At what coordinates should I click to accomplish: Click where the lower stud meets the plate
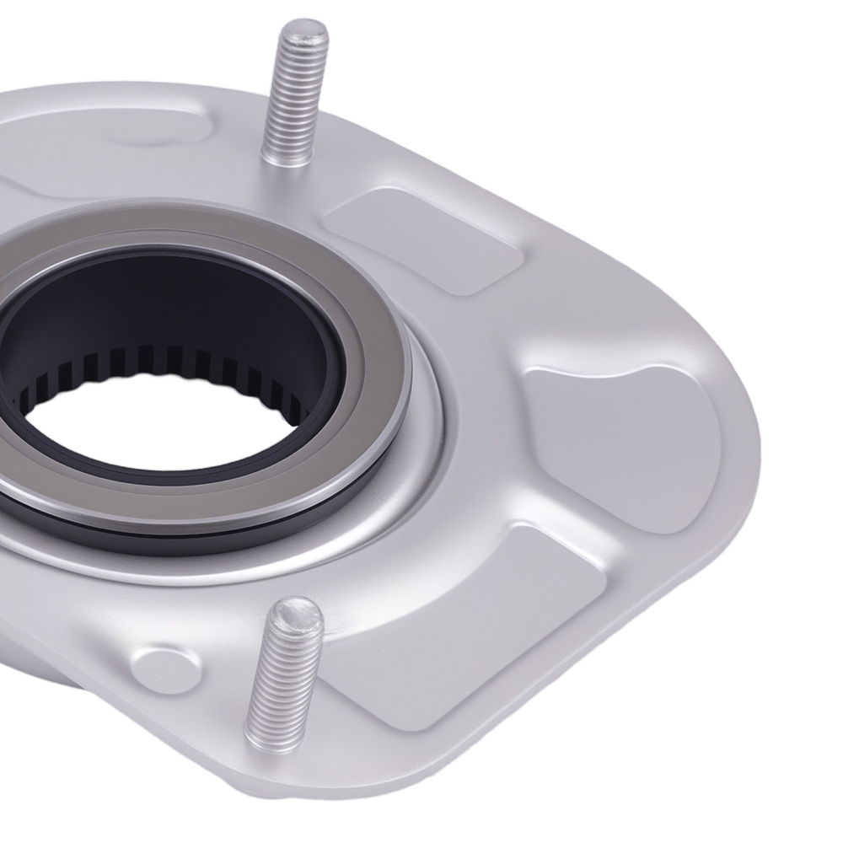point(270,742)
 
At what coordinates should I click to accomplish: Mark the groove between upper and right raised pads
point(514,320)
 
